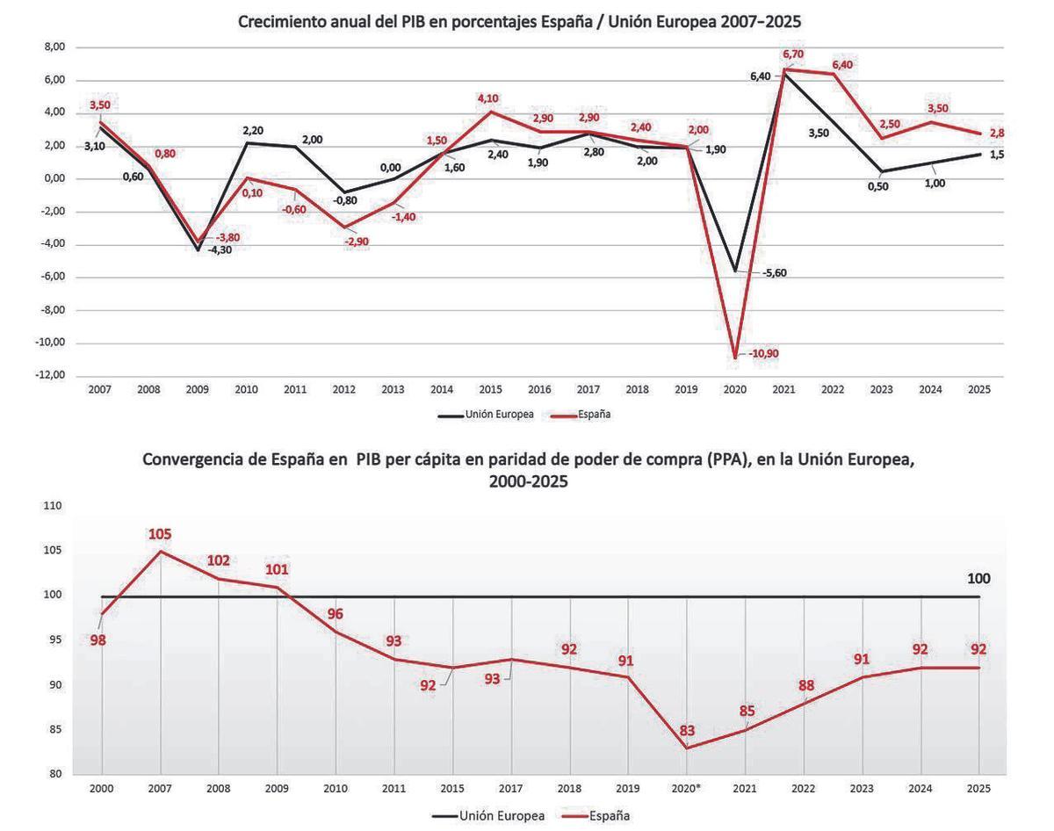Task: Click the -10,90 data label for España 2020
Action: click(x=763, y=354)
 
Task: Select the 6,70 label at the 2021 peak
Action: click(x=792, y=54)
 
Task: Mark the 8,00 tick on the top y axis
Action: click(x=54, y=47)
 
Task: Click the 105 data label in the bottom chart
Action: click(x=160, y=534)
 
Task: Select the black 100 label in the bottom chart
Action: click(x=978, y=579)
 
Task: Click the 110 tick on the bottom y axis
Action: click(x=52, y=507)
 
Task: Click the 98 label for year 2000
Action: click(x=97, y=640)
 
